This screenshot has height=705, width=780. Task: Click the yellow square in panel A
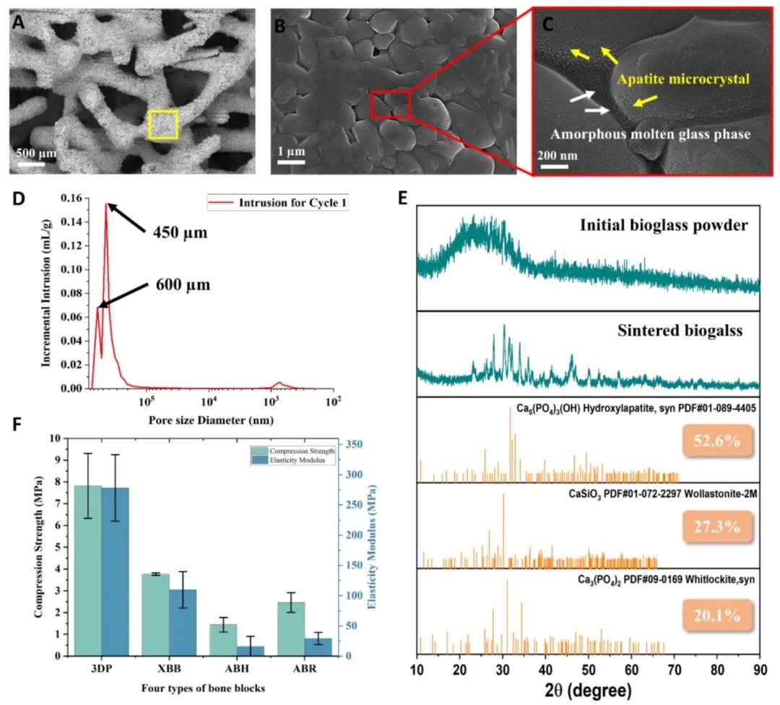(x=163, y=124)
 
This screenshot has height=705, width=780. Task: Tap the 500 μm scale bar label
(x=35, y=154)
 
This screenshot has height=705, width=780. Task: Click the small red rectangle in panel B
(x=390, y=105)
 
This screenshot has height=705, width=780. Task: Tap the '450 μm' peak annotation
(x=181, y=233)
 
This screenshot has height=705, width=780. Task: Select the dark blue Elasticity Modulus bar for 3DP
(x=115, y=572)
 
